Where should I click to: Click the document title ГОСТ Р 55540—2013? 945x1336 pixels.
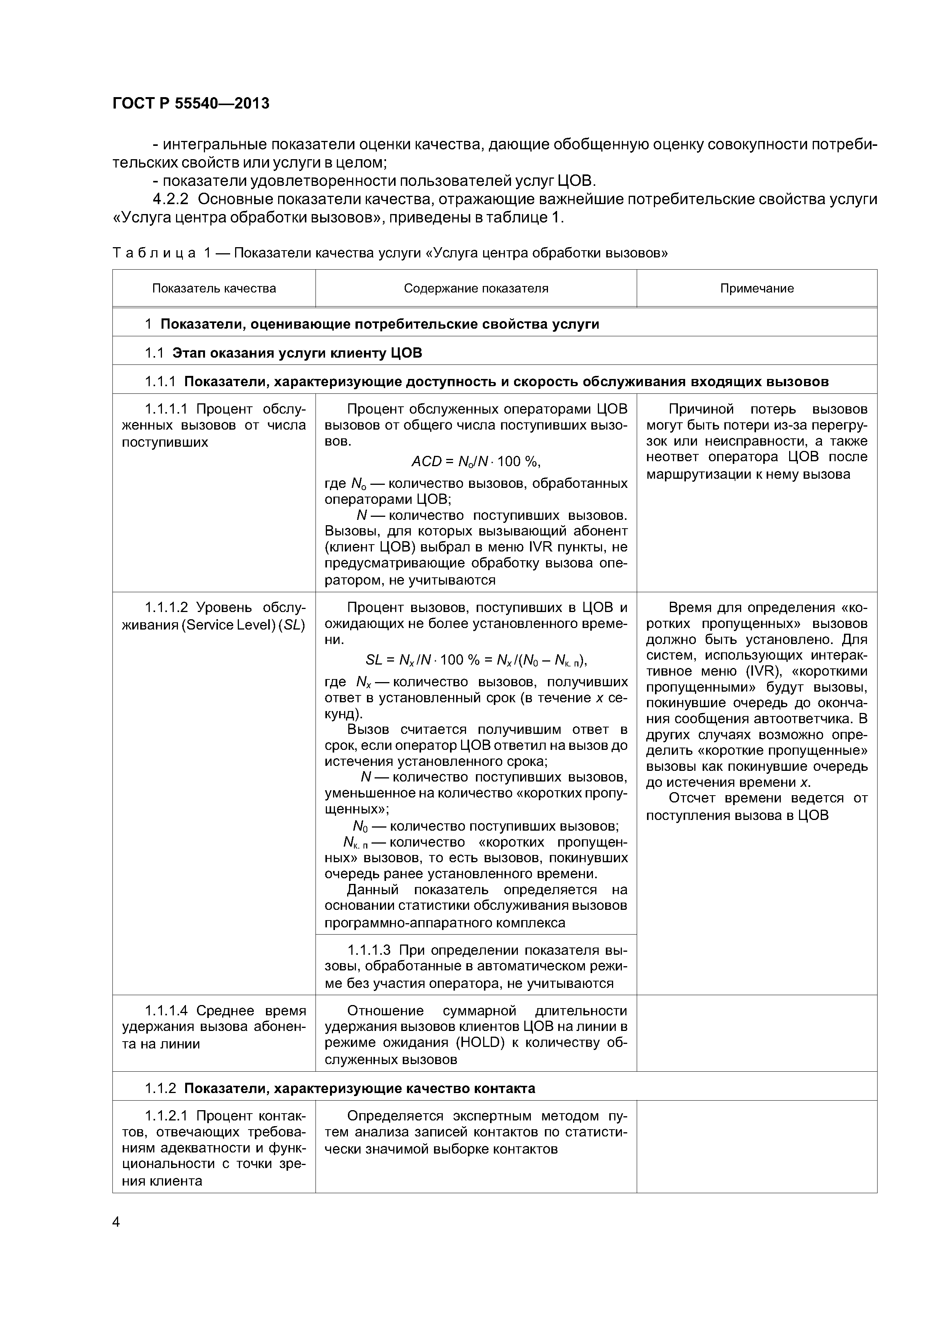191,104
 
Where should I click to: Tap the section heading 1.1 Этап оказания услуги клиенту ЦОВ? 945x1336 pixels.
283,353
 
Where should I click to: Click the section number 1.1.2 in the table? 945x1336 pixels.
160,1088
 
